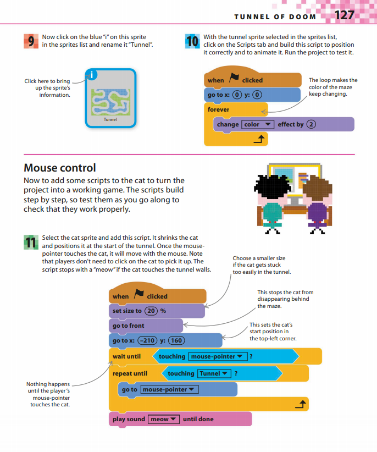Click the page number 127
coord(345,15)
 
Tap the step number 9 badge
coord(31,41)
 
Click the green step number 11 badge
coord(31,241)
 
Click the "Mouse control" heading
coord(60,168)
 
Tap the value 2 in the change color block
coord(312,124)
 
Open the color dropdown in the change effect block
coord(258,125)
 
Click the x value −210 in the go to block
coord(147,340)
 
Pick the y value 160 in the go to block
coord(176,340)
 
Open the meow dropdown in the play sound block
coord(163,419)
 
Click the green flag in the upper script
coord(234,79)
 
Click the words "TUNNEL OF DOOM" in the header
coord(275,16)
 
